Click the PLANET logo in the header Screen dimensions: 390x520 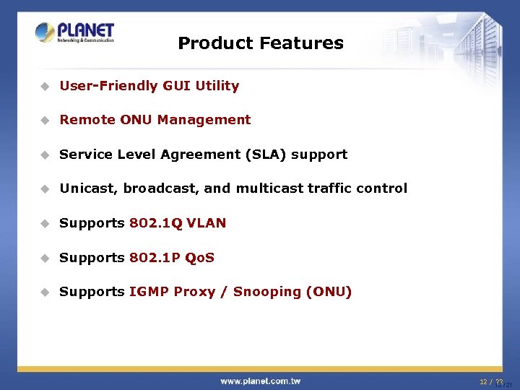pos(74,32)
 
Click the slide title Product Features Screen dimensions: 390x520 pos(260,43)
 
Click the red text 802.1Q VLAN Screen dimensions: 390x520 pos(178,223)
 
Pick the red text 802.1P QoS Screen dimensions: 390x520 pos(172,258)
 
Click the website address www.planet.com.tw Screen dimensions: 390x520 pos(261,381)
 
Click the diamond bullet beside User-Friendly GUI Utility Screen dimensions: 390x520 pos(44,86)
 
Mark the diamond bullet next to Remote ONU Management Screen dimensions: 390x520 pos(44,121)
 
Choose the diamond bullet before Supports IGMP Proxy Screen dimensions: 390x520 pos(44,292)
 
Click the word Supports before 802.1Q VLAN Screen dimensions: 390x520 pos(92,223)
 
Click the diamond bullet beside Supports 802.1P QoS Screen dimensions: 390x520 pos(44,258)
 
